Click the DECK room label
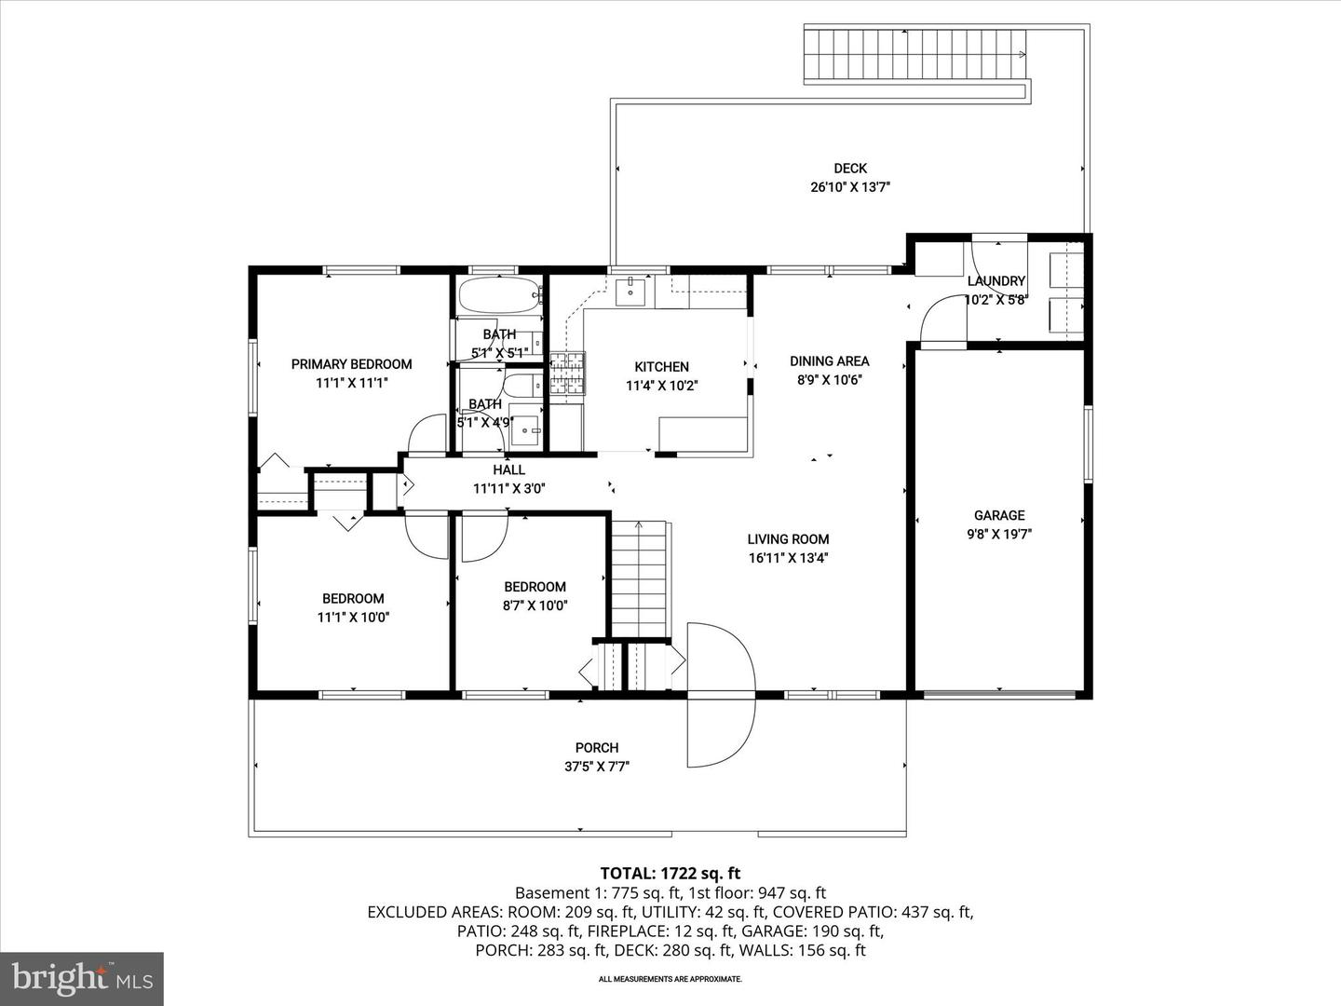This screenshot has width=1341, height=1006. pyautogui.click(x=849, y=169)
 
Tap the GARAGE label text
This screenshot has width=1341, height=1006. pyautogui.click(x=999, y=515)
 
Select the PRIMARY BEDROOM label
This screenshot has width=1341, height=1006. pyautogui.click(x=351, y=364)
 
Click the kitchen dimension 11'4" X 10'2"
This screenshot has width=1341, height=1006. pyautogui.click(x=661, y=385)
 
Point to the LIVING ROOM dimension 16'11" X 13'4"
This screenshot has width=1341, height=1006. pyautogui.click(x=788, y=558)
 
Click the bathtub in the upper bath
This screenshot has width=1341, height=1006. pyautogui.click(x=498, y=295)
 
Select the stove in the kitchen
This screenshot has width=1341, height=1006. pyautogui.click(x=566, y=374)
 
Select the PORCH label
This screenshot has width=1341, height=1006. pyautogui.click(x=597, y=747)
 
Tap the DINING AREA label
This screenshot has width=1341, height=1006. pyautogui.click(x=829, y=361)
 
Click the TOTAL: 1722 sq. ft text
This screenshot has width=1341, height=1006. pyautogui.click(x=670, y=873)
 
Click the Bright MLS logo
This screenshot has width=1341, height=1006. pyautogui.click(x=82, y=978)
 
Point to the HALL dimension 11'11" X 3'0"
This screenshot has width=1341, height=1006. pyautogui.click(x=508, y=488)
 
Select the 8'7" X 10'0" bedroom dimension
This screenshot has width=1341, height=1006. pyautogui.click(x=535, y=605)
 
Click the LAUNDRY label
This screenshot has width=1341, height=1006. pyautogui.click(x=996, y=281)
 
